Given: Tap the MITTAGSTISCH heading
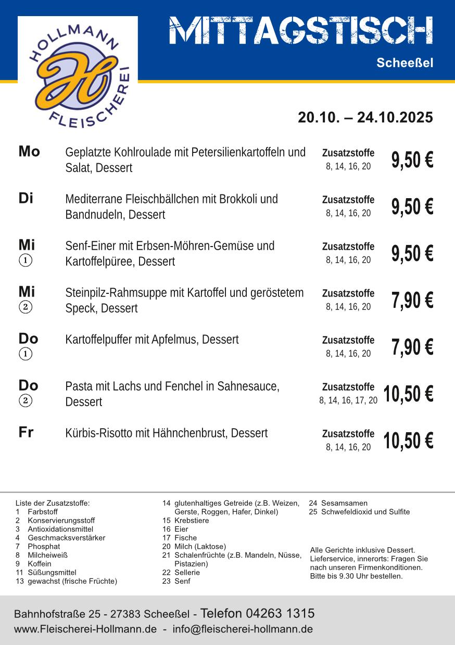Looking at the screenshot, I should pos(301,31).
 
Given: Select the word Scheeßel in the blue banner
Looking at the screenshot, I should pos(405,63).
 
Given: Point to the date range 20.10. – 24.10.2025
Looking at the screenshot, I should pos(365,118).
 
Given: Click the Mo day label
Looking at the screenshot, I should pos(29,151).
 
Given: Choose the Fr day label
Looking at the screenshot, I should pos(26,432).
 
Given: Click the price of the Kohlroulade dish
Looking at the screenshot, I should pos(412,160).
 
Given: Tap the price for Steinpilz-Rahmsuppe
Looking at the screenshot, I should pos(412,300).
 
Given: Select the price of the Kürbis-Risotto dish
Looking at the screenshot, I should pos(408,441).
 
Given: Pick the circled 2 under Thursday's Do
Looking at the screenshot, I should pos(26,401).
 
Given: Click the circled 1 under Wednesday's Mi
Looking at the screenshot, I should pos(26,260).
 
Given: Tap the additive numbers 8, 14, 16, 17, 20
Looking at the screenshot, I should pos(348,401).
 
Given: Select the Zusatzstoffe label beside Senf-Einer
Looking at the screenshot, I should pos(348,247).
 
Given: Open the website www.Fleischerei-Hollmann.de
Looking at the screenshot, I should pos(85,629).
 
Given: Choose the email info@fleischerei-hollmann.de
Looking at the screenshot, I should pos(243,629).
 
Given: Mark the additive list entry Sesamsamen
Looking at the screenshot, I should pos(344,503).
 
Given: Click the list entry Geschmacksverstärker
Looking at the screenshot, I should pos(66,538).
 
